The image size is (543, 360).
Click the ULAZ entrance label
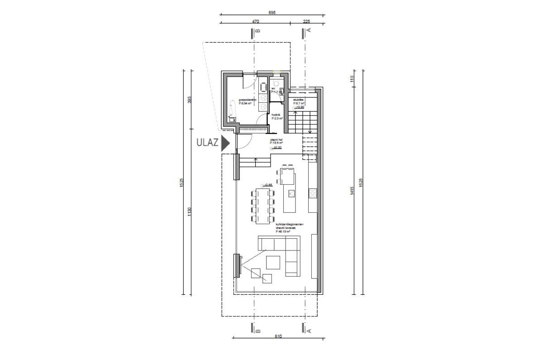tap(207, 143)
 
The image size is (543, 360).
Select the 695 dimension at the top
tap(271, 13)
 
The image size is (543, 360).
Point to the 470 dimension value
tap(255, 21)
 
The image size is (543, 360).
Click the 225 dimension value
tap(306, 21)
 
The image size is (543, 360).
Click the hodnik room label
tap(276, 115)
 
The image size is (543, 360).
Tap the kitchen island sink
tap(291, 193)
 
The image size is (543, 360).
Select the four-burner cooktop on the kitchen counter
tap(312, 193)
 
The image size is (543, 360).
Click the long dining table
tap(262, 206)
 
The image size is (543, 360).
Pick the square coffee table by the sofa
tap(273, 262)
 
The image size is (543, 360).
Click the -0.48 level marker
tap(267, 185)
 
